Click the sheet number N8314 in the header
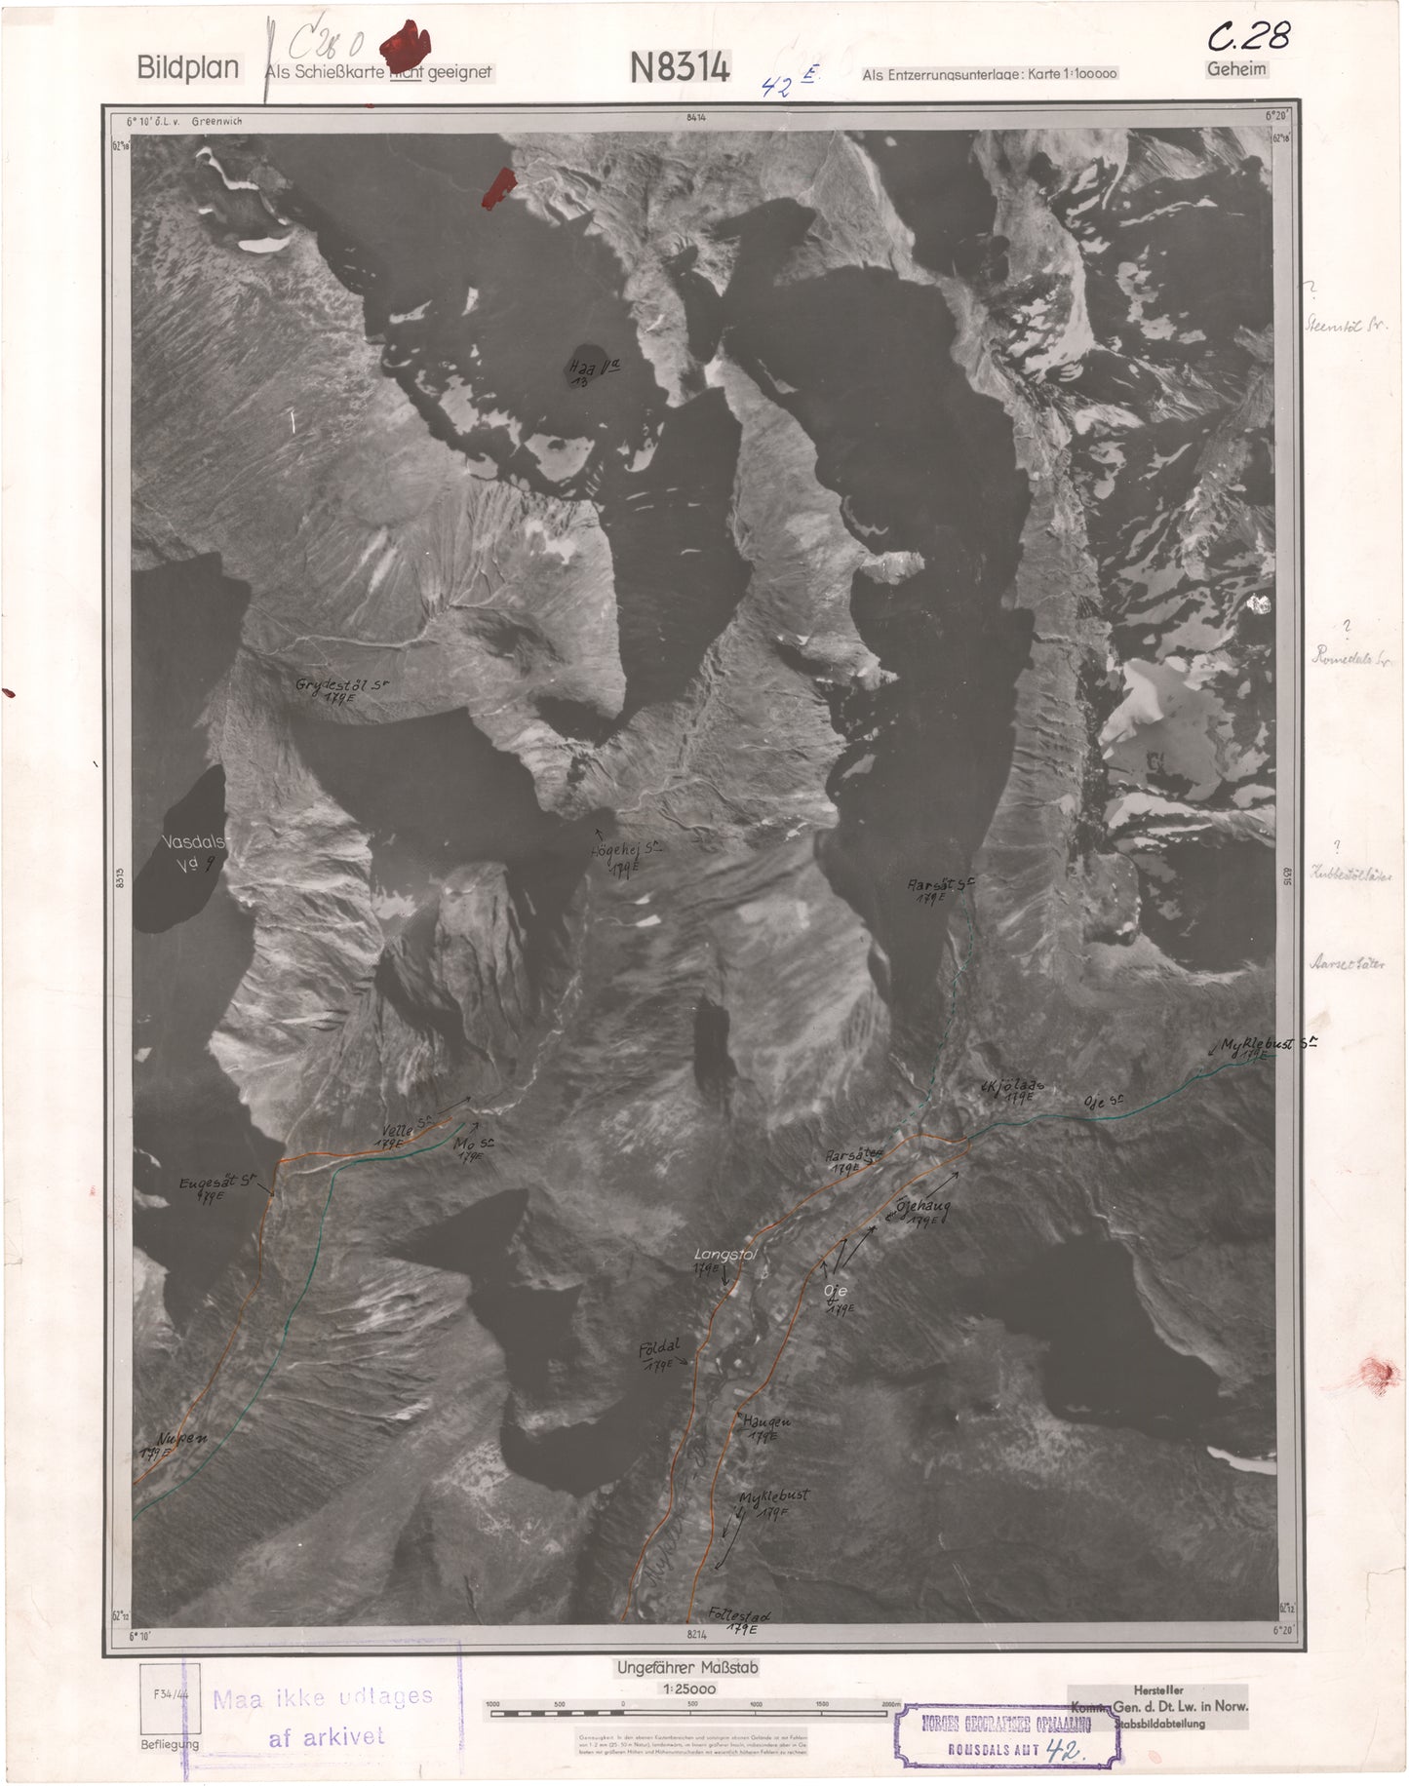[681, 67]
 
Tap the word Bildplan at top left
[188, 68]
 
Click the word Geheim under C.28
[1236, 69]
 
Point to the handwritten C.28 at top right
[1249, 37]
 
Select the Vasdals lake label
[194, 843]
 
